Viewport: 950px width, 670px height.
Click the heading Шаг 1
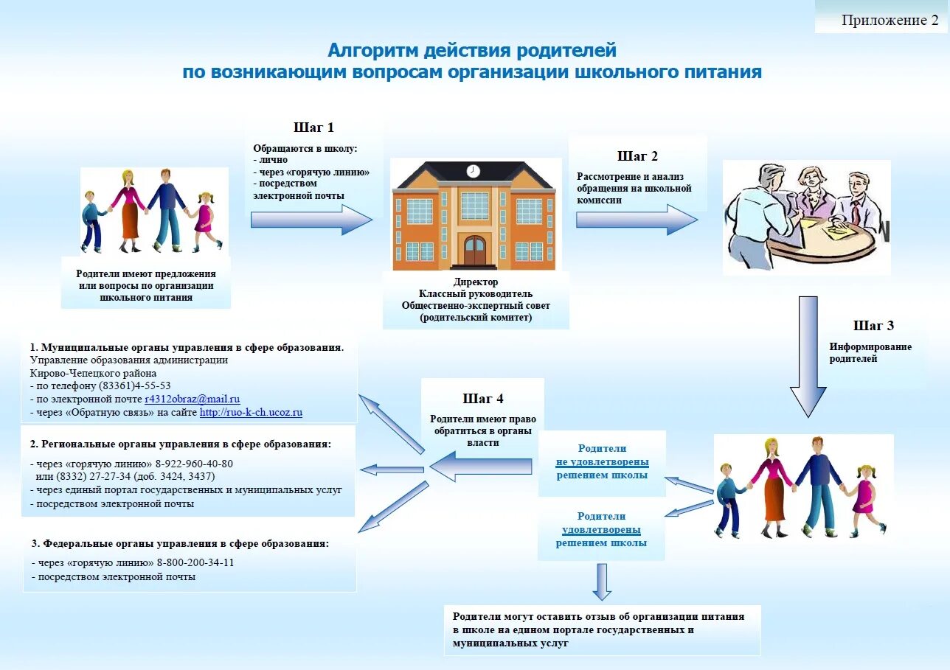click(x=313, y=128)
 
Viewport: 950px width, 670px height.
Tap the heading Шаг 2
click(x=637, y=156)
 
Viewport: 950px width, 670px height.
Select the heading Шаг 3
click(x=873, y=326)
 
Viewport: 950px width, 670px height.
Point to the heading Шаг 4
click(x=483, y=399)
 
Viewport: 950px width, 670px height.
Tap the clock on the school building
click(x=473, y=171)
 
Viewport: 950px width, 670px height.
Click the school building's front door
click(x=474, y=251)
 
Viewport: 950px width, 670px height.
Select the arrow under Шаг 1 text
click(x=311, y=220)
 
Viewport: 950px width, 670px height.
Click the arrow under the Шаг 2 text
click(x=636, y=220)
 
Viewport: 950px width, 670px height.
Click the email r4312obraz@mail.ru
click(x=193, y=399)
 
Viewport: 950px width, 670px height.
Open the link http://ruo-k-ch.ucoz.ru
click(x=251, y=413)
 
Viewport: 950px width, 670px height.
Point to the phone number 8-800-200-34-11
click(x=195, y=562)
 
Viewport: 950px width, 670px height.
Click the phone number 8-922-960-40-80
click(x=194, y=464)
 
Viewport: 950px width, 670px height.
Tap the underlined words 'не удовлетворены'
click(x=602, y=462)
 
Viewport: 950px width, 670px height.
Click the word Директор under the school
click(x=476, y=282)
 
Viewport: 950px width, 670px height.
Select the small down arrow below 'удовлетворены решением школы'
click(x=602, y=581)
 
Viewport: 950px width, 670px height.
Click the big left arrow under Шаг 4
click(x=480, y=466)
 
